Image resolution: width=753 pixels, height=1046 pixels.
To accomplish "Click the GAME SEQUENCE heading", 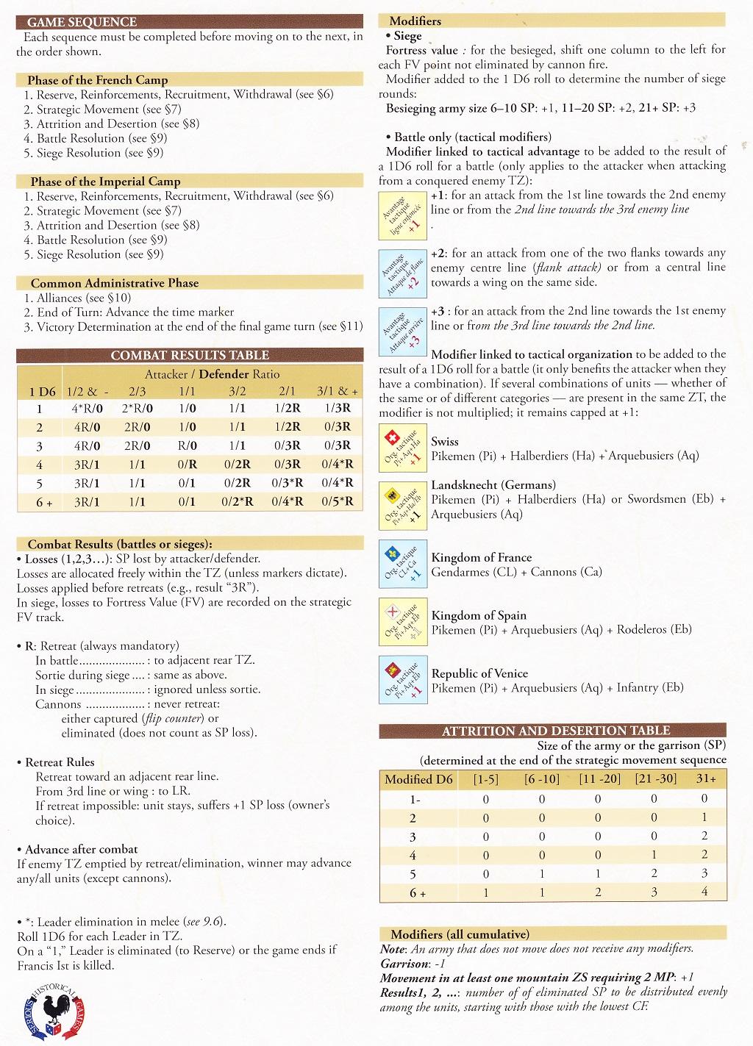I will (x=82, y=22).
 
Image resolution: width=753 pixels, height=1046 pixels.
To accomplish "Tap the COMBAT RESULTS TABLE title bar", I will (x=190, y=355).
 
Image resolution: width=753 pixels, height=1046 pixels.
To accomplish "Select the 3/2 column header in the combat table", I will (x=237, y=392).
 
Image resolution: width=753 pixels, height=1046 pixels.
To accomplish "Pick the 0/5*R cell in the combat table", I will (x=337, y=501).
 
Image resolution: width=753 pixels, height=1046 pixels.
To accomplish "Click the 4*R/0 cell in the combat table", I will (x=88, y=409).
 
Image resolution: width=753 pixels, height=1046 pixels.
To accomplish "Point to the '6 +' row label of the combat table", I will (x=40, y=502).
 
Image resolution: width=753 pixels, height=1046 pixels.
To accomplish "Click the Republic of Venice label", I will (x=479, y=673).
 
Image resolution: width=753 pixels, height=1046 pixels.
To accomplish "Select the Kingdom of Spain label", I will (x=479, y=615).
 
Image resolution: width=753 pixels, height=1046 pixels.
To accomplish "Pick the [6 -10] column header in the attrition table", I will (x=542, y=778).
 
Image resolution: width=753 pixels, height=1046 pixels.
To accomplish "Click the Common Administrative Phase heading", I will (x=115, y=283).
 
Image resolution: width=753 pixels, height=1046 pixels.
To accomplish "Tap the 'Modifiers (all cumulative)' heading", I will (x=460, y=934).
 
